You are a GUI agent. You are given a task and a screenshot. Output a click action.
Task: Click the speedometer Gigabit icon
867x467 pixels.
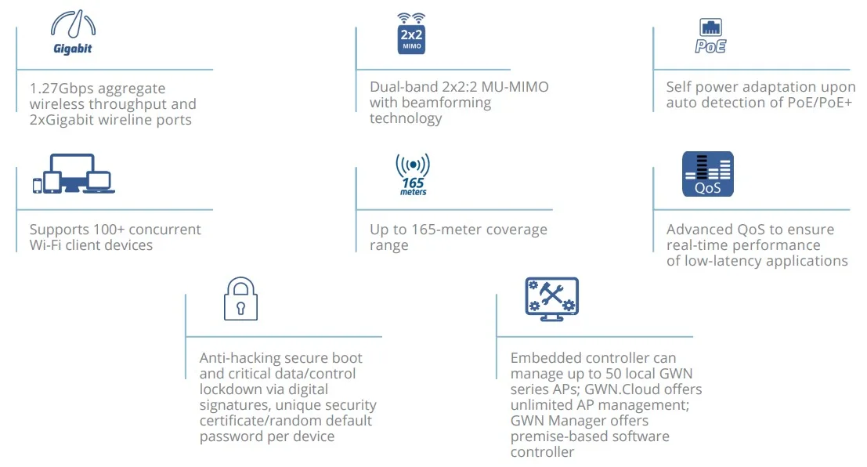73,34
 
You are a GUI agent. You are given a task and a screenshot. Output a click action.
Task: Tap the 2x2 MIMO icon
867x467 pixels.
411,34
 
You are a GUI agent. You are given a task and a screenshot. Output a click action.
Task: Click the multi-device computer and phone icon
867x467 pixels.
74,174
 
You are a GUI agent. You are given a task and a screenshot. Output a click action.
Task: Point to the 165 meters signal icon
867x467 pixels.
413,174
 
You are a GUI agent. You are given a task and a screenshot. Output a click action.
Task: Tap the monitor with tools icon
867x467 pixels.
551,299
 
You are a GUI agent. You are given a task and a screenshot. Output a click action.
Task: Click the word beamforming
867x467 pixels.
446,103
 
